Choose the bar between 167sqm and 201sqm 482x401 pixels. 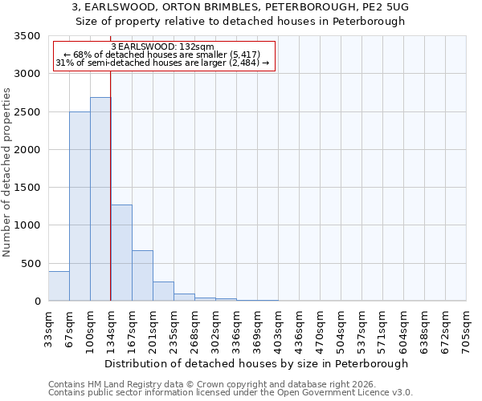[x=142, y=276]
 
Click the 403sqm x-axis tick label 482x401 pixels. [x=278, y=326]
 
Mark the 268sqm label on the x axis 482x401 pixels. [x=194, y=326]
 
